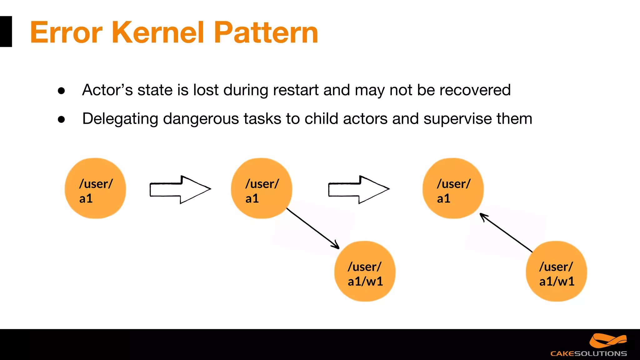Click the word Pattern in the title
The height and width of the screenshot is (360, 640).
pos(266,32)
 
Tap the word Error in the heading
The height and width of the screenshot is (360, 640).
pos(66,32)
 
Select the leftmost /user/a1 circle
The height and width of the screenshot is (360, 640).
pos(95,188)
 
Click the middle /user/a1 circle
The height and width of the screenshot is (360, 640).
pos(262,188)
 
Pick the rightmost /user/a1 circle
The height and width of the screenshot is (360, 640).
pos(453,188)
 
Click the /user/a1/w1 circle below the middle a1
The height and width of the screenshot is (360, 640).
pos(365,271)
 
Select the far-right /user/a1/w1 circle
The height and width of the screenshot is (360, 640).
pos(556,271)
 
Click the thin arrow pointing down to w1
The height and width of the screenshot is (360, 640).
pos(312,228)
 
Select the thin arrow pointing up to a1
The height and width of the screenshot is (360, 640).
pos(506,233)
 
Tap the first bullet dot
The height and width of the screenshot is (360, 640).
pos(62,91)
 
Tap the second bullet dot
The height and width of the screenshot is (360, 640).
pos(62,119)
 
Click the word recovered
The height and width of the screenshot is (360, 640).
pos(475,90)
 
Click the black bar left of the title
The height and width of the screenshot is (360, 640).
pos(6,32)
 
